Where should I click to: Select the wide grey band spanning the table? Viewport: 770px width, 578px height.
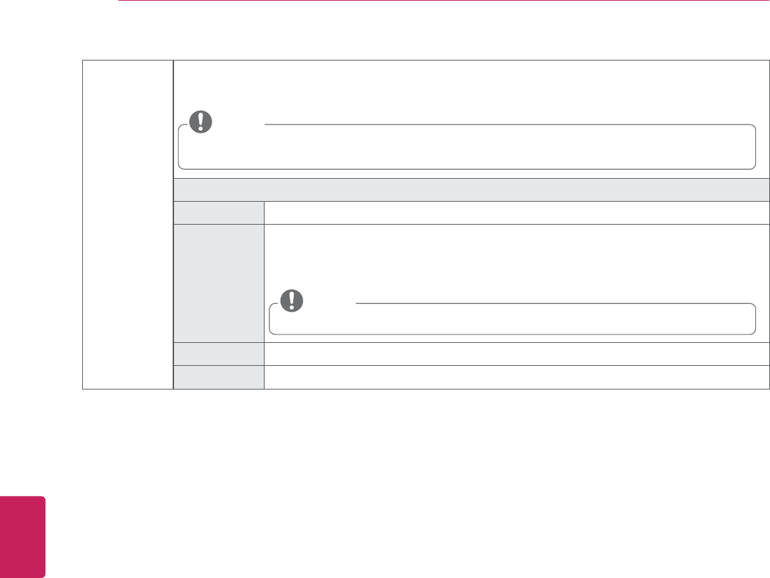(471, 189)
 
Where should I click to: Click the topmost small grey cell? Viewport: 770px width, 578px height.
(219, 212)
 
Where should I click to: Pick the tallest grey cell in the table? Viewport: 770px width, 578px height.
(219, 282)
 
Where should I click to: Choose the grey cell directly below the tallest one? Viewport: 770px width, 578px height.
(219, 353)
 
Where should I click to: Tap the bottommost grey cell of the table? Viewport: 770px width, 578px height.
(219, 376)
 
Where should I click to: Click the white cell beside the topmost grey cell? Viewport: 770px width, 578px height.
(516, 212)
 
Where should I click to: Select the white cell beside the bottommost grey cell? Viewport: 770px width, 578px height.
(516, 376)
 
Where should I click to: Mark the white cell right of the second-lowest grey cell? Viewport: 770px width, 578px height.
(516, 353)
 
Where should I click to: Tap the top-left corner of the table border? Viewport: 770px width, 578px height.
(83, 61)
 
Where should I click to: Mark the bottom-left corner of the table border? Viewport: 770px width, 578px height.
(83, 388)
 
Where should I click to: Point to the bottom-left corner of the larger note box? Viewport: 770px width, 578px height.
(180, 168)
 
